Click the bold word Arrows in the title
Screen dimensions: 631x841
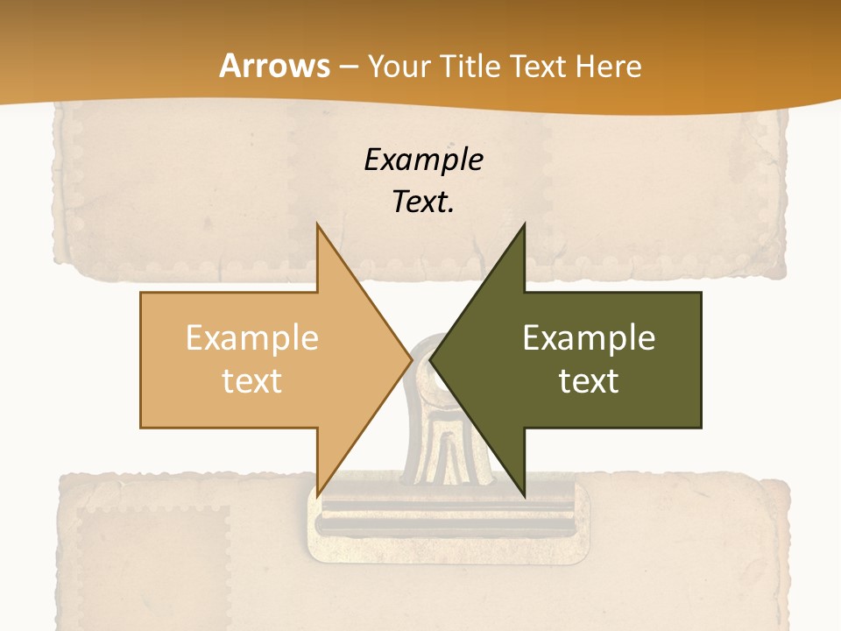click(x=275, y=66)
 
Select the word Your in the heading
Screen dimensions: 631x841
click(x=399, y=66)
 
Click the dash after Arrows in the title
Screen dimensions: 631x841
click(x=348, y=67)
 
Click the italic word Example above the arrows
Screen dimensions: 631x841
click(x=423, y=160)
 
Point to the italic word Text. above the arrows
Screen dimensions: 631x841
click(x=423, y=202)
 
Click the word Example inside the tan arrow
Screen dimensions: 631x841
click(x=251, y=337)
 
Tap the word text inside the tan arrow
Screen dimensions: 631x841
click(x=251, y=380)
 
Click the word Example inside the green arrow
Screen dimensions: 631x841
click(x=589, y=337)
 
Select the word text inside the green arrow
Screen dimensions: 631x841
click(x=589, y=380)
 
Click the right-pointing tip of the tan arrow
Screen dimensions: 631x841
click(x=412, y=360)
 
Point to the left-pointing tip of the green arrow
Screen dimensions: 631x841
click(x=430, y=360)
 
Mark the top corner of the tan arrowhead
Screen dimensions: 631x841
click(x=318, y=224)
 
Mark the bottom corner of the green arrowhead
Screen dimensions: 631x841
click(x=524, y=496)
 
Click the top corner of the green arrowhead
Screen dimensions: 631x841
click(x=524, y=224)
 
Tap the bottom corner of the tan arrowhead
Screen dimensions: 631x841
click(x=318, y=496)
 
